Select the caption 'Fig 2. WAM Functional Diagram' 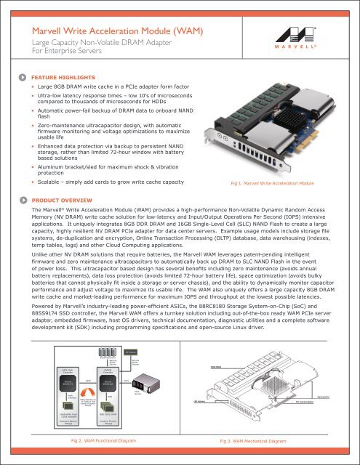click(x=100, y=441)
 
